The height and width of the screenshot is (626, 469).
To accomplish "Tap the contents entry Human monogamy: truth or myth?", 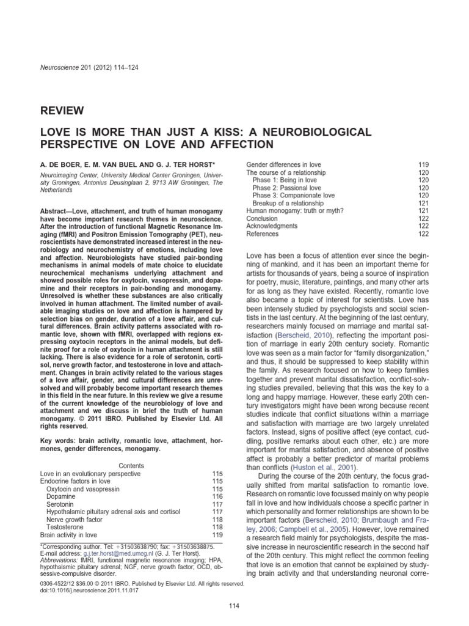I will pos(294,210).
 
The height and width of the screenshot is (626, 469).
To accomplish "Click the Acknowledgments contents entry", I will pos(272,226).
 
